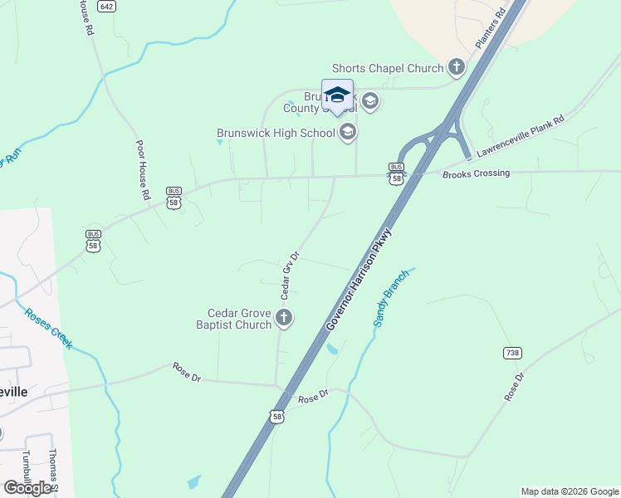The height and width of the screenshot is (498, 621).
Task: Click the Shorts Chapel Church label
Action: point(387,68)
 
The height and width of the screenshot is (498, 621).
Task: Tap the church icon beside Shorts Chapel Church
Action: point(456,67)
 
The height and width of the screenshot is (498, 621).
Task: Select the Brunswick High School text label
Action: point(275,132)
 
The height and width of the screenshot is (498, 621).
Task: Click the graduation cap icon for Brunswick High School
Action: point(347,132)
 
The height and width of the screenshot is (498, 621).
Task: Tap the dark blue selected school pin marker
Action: point(337,95)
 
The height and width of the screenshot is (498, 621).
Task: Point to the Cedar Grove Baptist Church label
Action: point(240,319)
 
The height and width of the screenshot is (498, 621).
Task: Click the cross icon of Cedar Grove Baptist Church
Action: point(284,317)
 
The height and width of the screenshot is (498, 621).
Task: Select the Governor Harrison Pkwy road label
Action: point(358,281)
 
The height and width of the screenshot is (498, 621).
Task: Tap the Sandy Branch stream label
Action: point(390,298)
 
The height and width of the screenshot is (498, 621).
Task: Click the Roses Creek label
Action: point(48,329)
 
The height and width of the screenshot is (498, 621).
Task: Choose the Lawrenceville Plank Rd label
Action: point(520,136)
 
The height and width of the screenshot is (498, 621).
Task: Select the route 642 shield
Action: point(106,6)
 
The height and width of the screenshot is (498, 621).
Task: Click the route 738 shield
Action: point(512,353)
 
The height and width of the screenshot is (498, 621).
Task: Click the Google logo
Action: point(27,487)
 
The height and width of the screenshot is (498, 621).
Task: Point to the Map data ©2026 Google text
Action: point(569,491)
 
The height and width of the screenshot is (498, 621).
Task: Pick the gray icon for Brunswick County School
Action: point(369,102)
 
